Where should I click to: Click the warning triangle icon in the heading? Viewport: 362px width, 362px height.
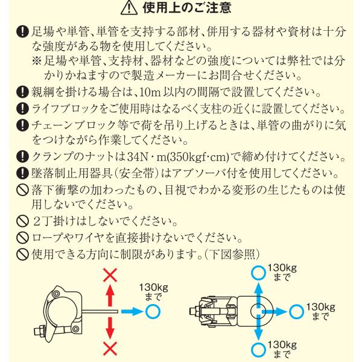pyautogui.click(x=129, y=8)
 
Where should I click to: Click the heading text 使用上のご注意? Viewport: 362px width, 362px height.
pyautogui.click(x=187, y=8)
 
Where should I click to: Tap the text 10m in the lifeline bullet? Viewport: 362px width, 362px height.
pyautogui.click(x=150, y=92)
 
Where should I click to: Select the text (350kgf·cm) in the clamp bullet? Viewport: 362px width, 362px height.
pyautogui.click(x=198, y=157)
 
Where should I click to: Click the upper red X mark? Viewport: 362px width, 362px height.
pyautogui.click(x=110, y=275)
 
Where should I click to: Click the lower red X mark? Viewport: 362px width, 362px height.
pyautogui.click(x=110, y=348)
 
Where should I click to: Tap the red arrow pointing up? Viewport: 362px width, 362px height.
pyautogui.click(x=110, y=296)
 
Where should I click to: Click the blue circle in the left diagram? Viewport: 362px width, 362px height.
pyautogui.click(x=153, y=311)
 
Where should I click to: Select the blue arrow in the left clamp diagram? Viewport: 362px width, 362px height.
pyautogui.click(x=132, y=311)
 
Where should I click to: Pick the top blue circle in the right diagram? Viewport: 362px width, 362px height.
pyautogui.click(x=259, y=273)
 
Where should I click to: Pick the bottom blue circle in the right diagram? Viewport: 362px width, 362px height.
pyautogui.click(x=259, y=350)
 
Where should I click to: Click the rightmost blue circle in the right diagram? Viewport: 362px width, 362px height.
pyautogui.click(x=296, y=312)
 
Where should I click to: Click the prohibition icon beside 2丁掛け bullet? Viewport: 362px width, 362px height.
pyautogui.click(x=22, y=221)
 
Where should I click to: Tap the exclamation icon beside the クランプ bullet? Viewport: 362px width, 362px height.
pyautogui.click(x=22, y=157)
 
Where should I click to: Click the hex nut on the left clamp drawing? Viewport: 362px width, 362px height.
pyautogui.click(x=40, y=331)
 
